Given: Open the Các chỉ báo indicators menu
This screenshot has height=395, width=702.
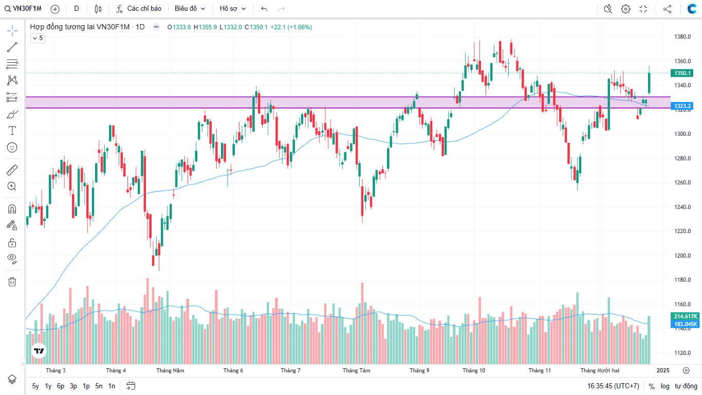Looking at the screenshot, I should point(139,9).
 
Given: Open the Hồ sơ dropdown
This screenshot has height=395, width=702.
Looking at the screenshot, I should point(232,9).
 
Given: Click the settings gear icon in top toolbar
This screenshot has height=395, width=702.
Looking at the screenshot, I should point(625,9).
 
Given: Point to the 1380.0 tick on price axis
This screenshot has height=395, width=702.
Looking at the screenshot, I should point(682,37).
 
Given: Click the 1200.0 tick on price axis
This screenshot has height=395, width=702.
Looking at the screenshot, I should point(682,256).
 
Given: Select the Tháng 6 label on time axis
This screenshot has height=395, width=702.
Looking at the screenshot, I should point(233,370).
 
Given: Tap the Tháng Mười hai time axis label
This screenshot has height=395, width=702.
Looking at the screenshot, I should point(600,370).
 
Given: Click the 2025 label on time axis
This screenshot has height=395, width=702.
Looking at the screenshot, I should point(663,370).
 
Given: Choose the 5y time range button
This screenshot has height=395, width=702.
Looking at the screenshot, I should point(35,386).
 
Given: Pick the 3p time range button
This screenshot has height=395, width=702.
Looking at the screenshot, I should point(73,386).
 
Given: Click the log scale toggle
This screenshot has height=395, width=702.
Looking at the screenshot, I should point(665,386).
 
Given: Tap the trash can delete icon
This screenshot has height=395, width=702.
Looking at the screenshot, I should point(12,281).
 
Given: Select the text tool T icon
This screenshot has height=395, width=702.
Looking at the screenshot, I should point(12,131).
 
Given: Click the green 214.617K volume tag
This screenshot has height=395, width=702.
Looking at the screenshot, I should point(686,316).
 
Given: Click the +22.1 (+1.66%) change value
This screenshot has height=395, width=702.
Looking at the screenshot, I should point(291,27).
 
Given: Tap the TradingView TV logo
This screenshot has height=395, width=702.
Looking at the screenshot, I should point(39,351).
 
